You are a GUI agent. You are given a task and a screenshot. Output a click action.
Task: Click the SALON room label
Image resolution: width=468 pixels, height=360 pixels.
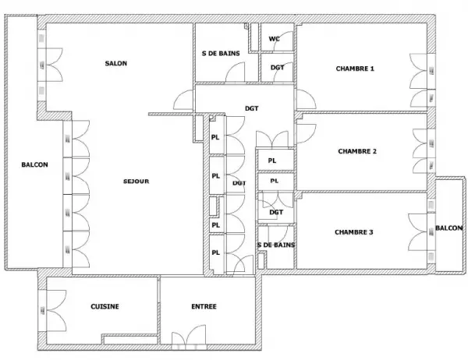coord(115,63)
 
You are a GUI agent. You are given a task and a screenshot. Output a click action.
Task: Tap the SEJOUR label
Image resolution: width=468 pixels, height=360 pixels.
coord(136,182)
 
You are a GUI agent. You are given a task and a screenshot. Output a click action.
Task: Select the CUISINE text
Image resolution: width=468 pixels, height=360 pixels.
coord(105,306)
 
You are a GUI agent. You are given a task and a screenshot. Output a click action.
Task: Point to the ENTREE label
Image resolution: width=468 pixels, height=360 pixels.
coord(204,306)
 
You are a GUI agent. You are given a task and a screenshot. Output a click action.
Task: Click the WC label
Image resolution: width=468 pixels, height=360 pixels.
coord(275,39)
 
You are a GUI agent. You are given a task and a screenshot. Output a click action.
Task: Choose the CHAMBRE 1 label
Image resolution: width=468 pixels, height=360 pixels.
coord(355,69)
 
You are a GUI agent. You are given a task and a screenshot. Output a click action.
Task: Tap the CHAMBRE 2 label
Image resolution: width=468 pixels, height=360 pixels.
coord(357,151)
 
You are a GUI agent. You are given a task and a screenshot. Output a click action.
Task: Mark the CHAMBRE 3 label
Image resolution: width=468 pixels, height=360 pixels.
coord(353,232)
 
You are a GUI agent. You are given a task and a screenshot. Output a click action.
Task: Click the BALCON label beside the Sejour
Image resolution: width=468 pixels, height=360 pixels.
coord(34,164)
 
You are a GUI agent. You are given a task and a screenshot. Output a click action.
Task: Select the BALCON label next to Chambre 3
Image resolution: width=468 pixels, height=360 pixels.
coord(449,228)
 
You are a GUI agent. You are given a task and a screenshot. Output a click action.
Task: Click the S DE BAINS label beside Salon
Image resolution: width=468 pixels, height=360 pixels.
coord(221,54)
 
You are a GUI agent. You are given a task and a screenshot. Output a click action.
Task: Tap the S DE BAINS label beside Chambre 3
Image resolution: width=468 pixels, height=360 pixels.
coord(276,245)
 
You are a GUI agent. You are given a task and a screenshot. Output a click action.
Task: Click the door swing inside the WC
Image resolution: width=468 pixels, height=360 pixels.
coord(283,41)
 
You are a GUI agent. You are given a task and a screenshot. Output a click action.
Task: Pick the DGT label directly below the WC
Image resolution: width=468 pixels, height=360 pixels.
coord(277,68)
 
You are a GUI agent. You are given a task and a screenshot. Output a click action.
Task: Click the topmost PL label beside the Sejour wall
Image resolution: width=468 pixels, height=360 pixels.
coord(215,137)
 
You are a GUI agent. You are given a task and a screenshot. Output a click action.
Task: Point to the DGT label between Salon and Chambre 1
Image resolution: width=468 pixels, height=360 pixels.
coord(252,108)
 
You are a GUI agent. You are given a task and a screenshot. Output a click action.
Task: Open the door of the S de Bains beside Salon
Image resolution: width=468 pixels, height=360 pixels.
coord(235,72)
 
